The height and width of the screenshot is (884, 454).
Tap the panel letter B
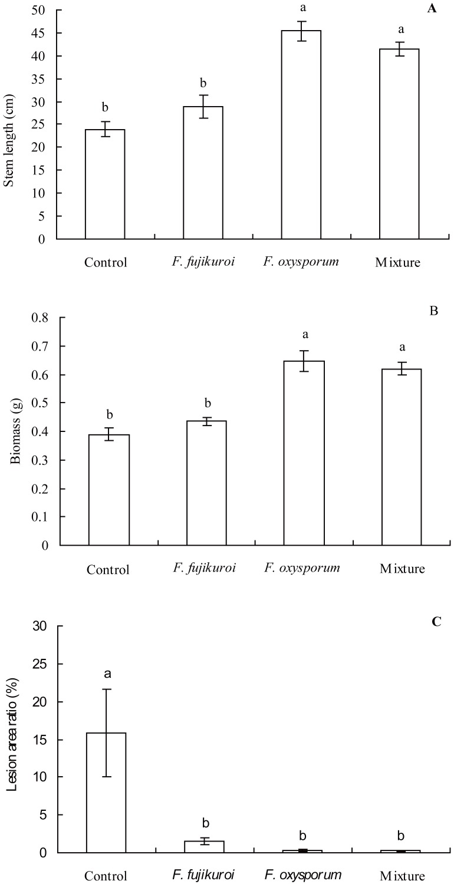point(434,312)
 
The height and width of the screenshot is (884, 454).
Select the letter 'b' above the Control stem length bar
point(105,108)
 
